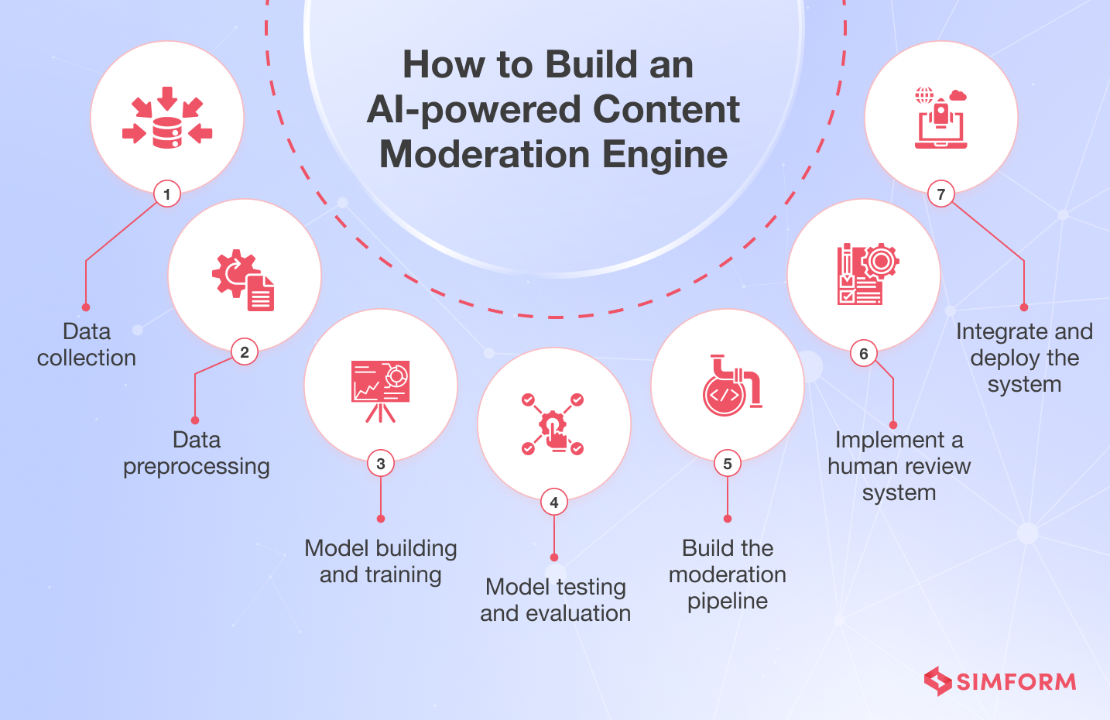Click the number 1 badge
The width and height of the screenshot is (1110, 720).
click(x=167, y=194)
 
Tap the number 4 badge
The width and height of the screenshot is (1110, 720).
click(x=554, y=502)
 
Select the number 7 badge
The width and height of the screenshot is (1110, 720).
click(x=941, y=194)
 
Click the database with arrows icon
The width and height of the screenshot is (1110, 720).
click(x=167, y=118)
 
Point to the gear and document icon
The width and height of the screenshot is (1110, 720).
click(x=244, y=280)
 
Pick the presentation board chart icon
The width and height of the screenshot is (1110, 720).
click(x=381, y=390)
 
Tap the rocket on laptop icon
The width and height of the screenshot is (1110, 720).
click(x=940, y=118)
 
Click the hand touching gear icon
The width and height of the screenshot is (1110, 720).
click(x=553, y=424)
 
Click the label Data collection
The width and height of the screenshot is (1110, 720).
click(x=87, y=345)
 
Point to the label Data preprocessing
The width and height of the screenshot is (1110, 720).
click(x=197, y=453)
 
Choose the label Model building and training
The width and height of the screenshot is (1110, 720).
click(x=381, y=561)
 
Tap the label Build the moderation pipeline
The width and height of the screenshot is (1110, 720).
click(x=728, y=574)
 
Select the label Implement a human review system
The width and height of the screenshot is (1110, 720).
click(x=899, y=466)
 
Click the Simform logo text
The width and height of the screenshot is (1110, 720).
click(x=1016, y=681)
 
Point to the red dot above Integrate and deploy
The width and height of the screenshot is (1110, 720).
click(x=1024, y=307)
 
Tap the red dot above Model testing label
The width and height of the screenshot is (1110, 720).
click(x=554, y=557)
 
